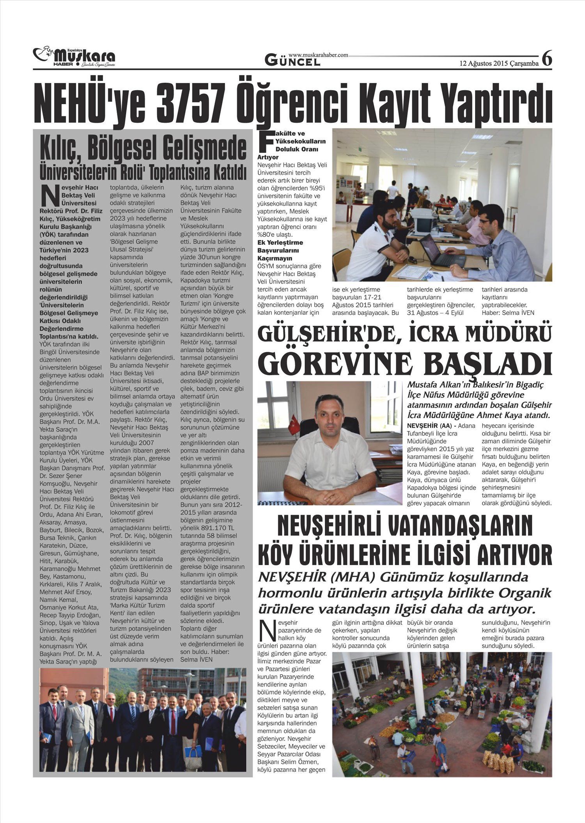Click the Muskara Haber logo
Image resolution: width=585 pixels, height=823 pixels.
point(74,57)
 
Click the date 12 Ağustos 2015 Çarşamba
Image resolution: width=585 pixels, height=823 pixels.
point(499,64)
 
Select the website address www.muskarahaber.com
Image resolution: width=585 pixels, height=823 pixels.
point(318,55)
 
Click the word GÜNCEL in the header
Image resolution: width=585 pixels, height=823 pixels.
point(292,61)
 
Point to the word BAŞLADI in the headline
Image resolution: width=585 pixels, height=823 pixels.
point(488,363)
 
